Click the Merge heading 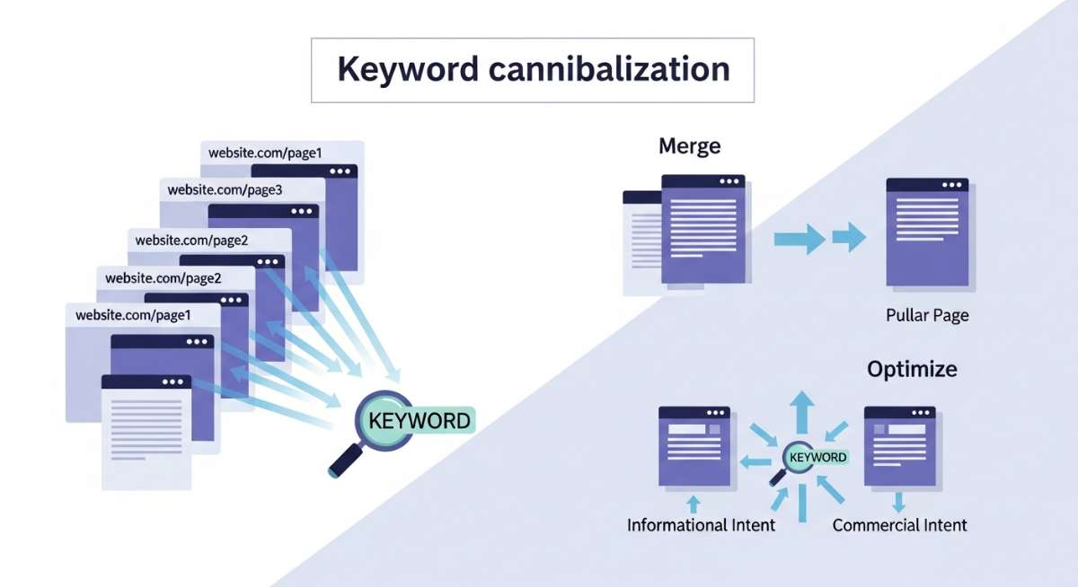pos(690,145)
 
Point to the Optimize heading pos(912,369)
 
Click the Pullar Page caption pos(927,316)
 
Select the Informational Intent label pos(701,525)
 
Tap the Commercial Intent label pos(900,525)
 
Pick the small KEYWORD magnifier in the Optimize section pos(805,457)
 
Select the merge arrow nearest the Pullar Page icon pos(848,239)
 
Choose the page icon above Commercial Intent pos(899,446)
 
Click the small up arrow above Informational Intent pos(693,500)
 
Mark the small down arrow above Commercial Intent pos(899,500)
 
